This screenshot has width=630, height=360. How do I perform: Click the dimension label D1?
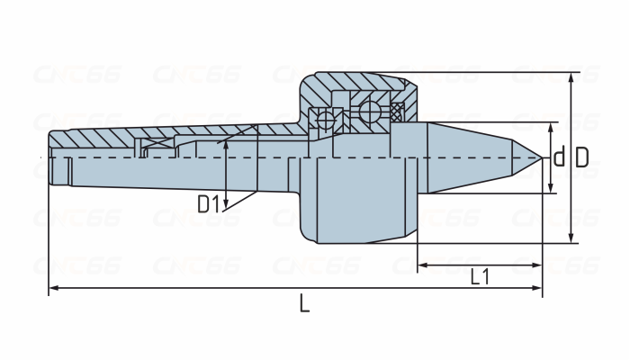tap(209, 203)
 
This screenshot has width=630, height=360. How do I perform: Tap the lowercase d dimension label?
tap(559, 157)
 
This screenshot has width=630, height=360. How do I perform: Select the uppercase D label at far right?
tap(582, 157)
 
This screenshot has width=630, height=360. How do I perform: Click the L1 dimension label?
tap(480, 276)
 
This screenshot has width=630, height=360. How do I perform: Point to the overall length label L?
tap(304, 303)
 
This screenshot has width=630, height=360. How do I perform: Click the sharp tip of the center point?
tap(542, 157)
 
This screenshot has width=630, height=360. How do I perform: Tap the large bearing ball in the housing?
tap(369, 112)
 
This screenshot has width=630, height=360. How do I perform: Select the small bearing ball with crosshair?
tap(326, 120)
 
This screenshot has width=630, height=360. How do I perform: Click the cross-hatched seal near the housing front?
tap(397, 112)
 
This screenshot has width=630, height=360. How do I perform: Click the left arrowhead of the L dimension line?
tap(53, 288)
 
